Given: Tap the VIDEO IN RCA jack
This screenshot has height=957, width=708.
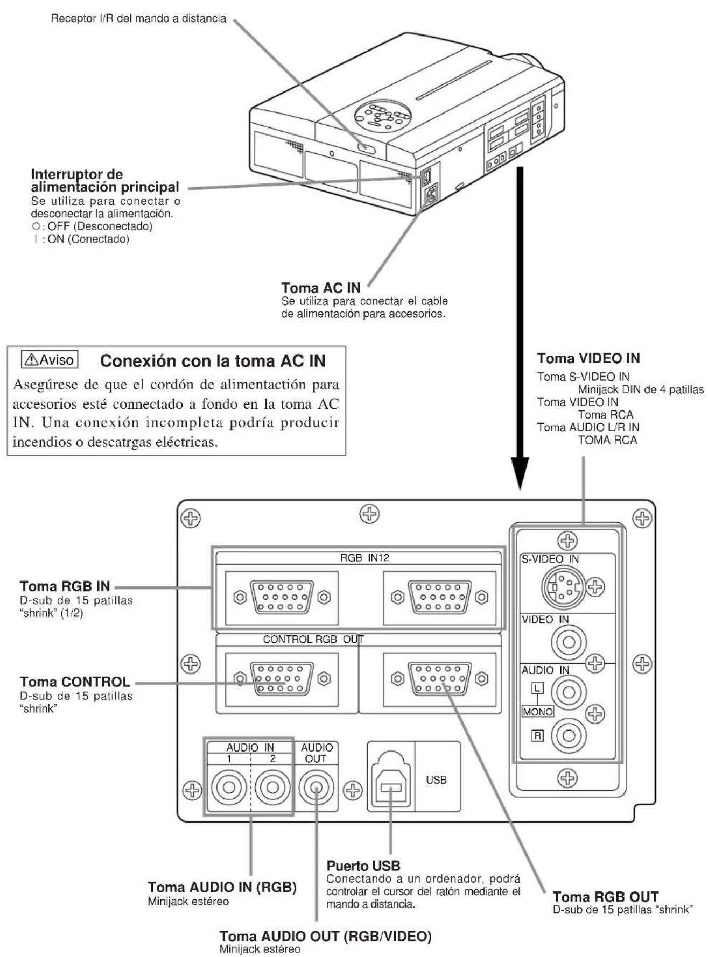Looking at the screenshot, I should tap(569, 642).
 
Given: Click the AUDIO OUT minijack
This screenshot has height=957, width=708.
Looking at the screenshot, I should tap(317, 789).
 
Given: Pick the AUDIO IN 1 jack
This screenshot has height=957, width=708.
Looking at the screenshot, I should tap(228, 789).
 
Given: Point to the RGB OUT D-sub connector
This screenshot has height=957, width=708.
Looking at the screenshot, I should tap(440, 679).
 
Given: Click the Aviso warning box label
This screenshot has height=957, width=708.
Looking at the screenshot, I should tap(50, 359).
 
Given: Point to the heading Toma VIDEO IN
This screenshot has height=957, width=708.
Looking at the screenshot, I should tap(588, 358).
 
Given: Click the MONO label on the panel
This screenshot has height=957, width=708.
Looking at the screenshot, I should tap(537, 712).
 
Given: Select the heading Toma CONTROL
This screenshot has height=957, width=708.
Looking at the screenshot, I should tap(75, 682).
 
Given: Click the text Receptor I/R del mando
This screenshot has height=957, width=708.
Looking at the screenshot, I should tap(138, 19).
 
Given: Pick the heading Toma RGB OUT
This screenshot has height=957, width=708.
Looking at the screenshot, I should tap(606, 897).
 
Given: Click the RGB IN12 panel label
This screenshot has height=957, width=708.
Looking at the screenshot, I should tap(364, 558).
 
